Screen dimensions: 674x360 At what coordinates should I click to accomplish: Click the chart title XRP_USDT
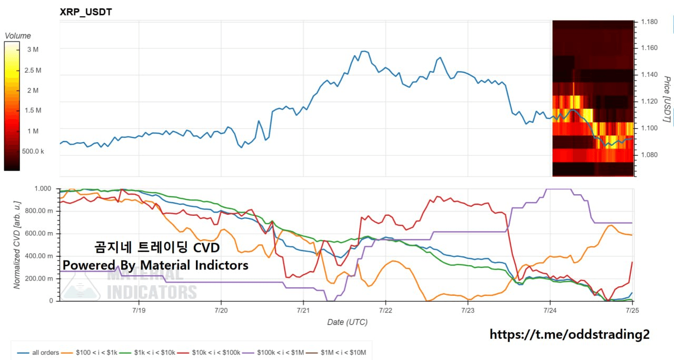pos(86,12)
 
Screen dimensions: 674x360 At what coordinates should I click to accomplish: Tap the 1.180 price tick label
pos(649,22)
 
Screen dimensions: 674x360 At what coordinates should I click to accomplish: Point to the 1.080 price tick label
pos(649,155)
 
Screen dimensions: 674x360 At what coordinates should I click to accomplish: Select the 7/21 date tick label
pos(303,310)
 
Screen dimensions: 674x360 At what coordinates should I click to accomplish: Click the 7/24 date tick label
pos(550,310)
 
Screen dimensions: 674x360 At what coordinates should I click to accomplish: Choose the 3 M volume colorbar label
pos(33,49)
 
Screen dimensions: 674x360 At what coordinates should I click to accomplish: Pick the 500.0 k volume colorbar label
pos(33,151)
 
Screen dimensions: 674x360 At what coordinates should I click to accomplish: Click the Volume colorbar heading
pos(18,36)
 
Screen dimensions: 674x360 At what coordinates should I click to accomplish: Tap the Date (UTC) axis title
pos(347,322)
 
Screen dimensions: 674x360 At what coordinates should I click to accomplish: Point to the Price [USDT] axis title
pos(667,99)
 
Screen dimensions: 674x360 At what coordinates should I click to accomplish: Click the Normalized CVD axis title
pos(17,245)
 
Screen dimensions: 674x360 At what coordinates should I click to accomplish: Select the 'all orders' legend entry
pos(38,353)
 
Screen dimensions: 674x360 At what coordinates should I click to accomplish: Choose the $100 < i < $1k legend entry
pos(89,353)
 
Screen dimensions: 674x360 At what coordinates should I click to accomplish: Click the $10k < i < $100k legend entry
pos(209,353)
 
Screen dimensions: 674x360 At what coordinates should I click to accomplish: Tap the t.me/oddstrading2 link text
pos(570,334)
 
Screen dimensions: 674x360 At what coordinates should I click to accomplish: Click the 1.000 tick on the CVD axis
pos(43,188)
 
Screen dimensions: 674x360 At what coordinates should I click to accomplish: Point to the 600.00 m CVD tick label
pos(39,233)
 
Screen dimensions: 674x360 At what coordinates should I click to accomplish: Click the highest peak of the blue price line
pos(364,51)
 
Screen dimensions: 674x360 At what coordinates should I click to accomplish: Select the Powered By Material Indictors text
pos(155,265)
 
